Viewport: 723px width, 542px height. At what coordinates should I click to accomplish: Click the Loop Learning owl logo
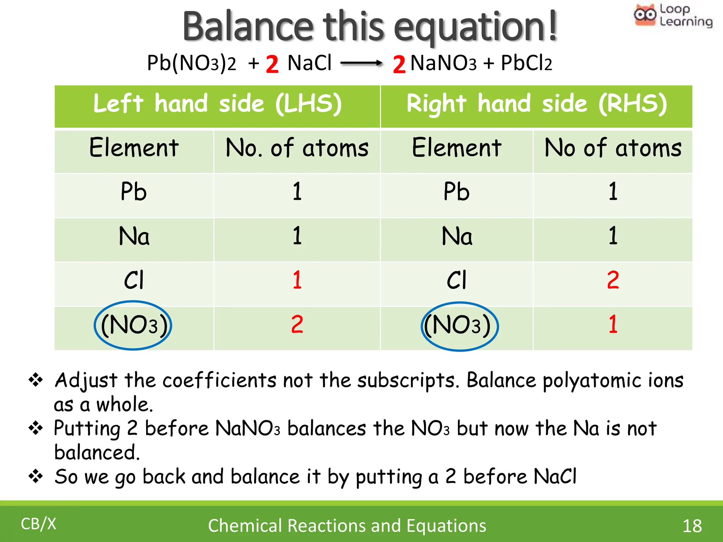click(x=645, y=15)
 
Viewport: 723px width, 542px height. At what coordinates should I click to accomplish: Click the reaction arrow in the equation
click(x=361, y=64)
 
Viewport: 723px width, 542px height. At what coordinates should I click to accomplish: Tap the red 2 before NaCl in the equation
click(x=272, y=64)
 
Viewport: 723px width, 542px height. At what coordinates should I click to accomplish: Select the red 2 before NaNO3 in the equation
click(x=399, y=64)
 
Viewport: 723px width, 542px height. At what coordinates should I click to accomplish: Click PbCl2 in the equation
click(x=526, y=64)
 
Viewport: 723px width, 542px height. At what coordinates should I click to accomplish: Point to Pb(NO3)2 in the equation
click(x=191, y=64)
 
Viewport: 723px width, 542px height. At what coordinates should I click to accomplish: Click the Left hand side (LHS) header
click(x=217, y=104)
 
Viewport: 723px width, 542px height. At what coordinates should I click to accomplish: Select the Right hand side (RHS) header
click(x=537, y=104)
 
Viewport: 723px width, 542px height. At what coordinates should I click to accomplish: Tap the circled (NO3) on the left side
click(x=133, y=325)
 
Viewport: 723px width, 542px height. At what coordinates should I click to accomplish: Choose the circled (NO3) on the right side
click(x=459, y=326)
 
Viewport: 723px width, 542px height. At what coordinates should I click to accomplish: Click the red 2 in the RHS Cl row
click(x=613, y=280)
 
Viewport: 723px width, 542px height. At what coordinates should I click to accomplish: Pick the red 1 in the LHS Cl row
click(x=297, y=280)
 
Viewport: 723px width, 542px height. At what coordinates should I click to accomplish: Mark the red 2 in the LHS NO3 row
click(x=297, y=324)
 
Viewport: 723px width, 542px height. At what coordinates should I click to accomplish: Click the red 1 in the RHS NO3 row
click(x=613, y=324)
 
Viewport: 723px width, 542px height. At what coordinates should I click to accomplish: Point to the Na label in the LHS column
click(x=134, y=236)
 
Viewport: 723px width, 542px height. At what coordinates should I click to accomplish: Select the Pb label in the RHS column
click(x=456, y=192)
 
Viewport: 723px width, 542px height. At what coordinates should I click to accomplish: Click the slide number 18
click(x=692, y=526)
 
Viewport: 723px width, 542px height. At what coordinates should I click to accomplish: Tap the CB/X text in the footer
click(x=38, y=524)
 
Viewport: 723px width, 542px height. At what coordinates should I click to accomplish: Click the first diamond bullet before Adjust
click(x=36, y=380)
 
